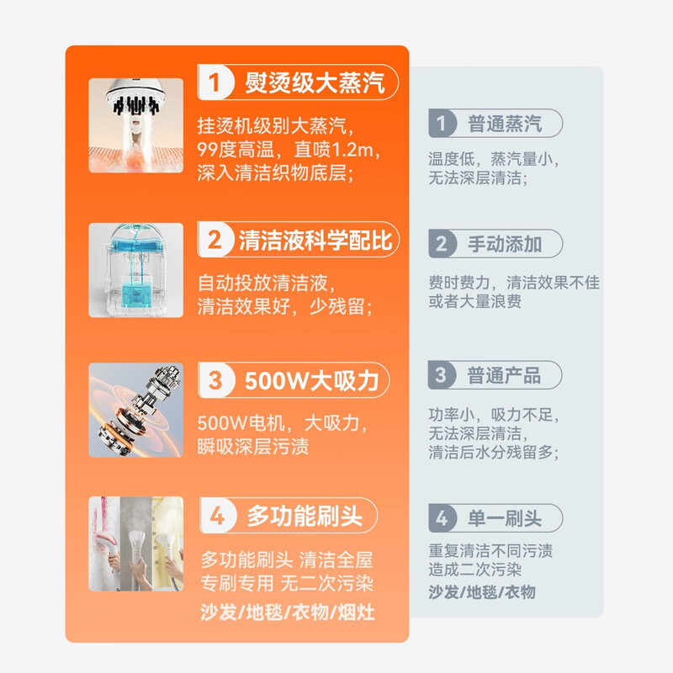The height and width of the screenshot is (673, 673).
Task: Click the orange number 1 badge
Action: pyautogui.click(x=216, y=82)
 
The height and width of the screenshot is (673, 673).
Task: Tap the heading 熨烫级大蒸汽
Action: pyautogui.click(x=314, y=82)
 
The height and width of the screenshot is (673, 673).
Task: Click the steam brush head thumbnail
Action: pyautogui.click(x=135, y=125)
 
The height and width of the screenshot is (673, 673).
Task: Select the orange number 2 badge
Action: pyautogui.click(x=216, y=241)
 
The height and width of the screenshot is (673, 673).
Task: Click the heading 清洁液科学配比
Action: pyautogui.click(x=315, y=241)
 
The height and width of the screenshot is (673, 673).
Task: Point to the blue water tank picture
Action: pyautogui.click(x=135, y=269)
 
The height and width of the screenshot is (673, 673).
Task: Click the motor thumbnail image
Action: pyautogui.click(x=135, y=410)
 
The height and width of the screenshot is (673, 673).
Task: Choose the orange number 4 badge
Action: pyautogui.click(x=217, y=516)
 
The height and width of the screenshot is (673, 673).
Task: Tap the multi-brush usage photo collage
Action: pyautogui.click(x=135, y=543)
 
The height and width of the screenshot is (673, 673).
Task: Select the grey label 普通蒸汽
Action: pyautogui.click(x=505, y=125)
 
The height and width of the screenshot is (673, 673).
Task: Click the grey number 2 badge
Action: pyautogui.click(x=442, y=245)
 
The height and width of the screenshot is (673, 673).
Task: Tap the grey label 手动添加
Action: pyautogui.click(x=505, y=245)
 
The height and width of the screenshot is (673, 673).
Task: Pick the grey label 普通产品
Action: pyautogui.click(x=504, y=375)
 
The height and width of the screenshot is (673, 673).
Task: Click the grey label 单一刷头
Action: pyautogui.click(x=505, y=518)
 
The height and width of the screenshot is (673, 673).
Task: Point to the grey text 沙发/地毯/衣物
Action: pyautogui.click(x=481, y=592)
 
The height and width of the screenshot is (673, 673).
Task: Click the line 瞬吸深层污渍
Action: pyautogui.click(x=252, y=446)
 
